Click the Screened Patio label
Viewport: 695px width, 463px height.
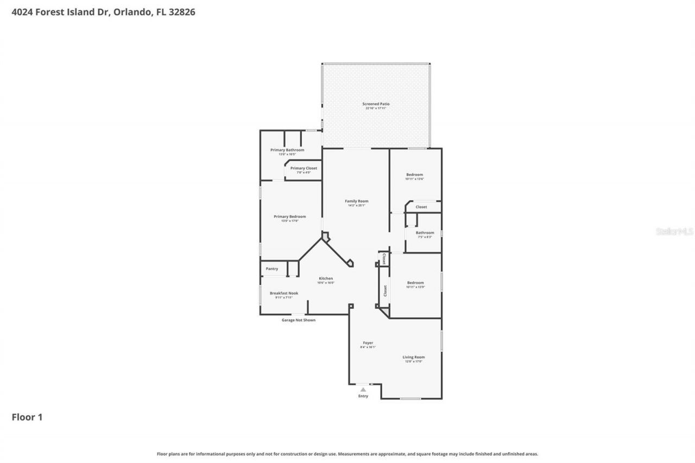tap(376, 104)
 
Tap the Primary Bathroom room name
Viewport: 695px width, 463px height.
tap(287, 150)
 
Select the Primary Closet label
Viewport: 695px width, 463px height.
tap(304, 168)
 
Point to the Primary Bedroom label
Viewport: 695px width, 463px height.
tap(289, 217)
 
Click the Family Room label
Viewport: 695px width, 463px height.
tap(356, 201)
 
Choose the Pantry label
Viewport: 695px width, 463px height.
tap(271, 269)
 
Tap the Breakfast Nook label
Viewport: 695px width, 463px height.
tap(283, 293)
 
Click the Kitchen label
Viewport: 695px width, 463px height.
tap(326, 278)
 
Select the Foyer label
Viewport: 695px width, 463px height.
tap(368, 343)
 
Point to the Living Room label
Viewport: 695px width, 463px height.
tap(413, 357)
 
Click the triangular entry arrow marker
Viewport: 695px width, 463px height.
tap(363, 389)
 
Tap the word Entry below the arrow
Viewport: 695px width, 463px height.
tap(363, 396)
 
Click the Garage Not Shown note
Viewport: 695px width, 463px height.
tap(298, 320)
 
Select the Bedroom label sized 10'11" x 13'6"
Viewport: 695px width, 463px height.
tap(414, 175)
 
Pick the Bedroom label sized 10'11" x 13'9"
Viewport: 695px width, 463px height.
tap(415, 282)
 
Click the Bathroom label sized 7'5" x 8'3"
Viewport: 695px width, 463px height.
tap(425, 233)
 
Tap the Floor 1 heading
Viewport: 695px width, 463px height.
tap(27, 417)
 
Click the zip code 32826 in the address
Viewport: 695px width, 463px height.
tap(183, 12)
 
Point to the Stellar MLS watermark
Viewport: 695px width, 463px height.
tap(674, 231)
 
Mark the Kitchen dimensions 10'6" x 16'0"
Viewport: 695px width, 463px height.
tap(326, 283)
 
